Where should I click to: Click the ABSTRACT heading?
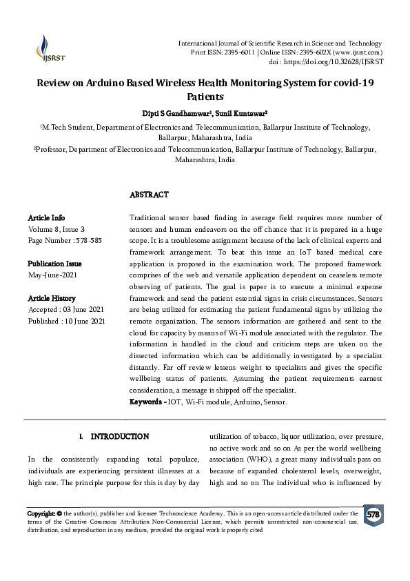(x=149, y=195)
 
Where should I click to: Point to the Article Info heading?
(x=46, y=218)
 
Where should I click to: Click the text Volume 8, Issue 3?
(x=57, y=229)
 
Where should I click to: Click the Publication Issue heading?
(x=54, y=264)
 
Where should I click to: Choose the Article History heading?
(x=51, y=298)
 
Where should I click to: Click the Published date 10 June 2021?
(x=86, y=321)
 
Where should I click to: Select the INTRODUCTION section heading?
(x=119, y=437)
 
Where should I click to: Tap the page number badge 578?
(x=373, y=515)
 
